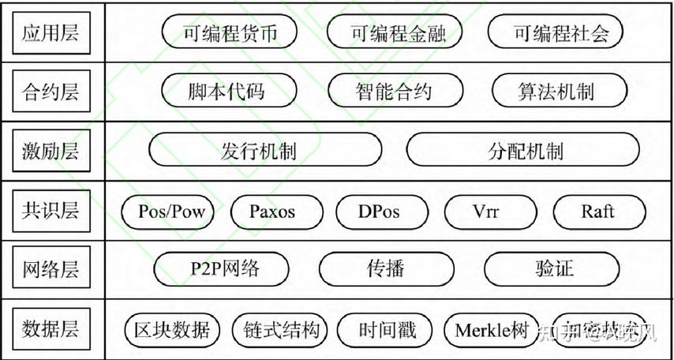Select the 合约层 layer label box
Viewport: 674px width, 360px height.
pyautogui.click(x=52, y=92)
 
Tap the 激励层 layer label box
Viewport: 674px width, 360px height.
pyautogui.click(x=52, y=152)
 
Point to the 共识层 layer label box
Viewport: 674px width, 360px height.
pyautogui.click(x=52, y=211)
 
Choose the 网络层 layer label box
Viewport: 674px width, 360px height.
pyautogui.click(x=52, y=269)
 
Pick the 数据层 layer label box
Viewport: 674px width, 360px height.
pyautogui.click(x=52, y=328)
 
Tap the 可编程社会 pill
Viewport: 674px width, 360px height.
pyautogui.click(x=556, y=33)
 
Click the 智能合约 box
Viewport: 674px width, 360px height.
pyautogui.click(x=393, y=92)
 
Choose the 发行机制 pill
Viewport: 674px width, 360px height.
pyautogui.click(x=265, y=151)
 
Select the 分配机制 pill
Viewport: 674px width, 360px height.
pyautogui.click(x=522, y=151)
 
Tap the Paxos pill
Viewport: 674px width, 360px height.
pyautogui.click(x=277, y=211)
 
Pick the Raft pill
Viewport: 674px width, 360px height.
pyautogui.click(x=599, y=211)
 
